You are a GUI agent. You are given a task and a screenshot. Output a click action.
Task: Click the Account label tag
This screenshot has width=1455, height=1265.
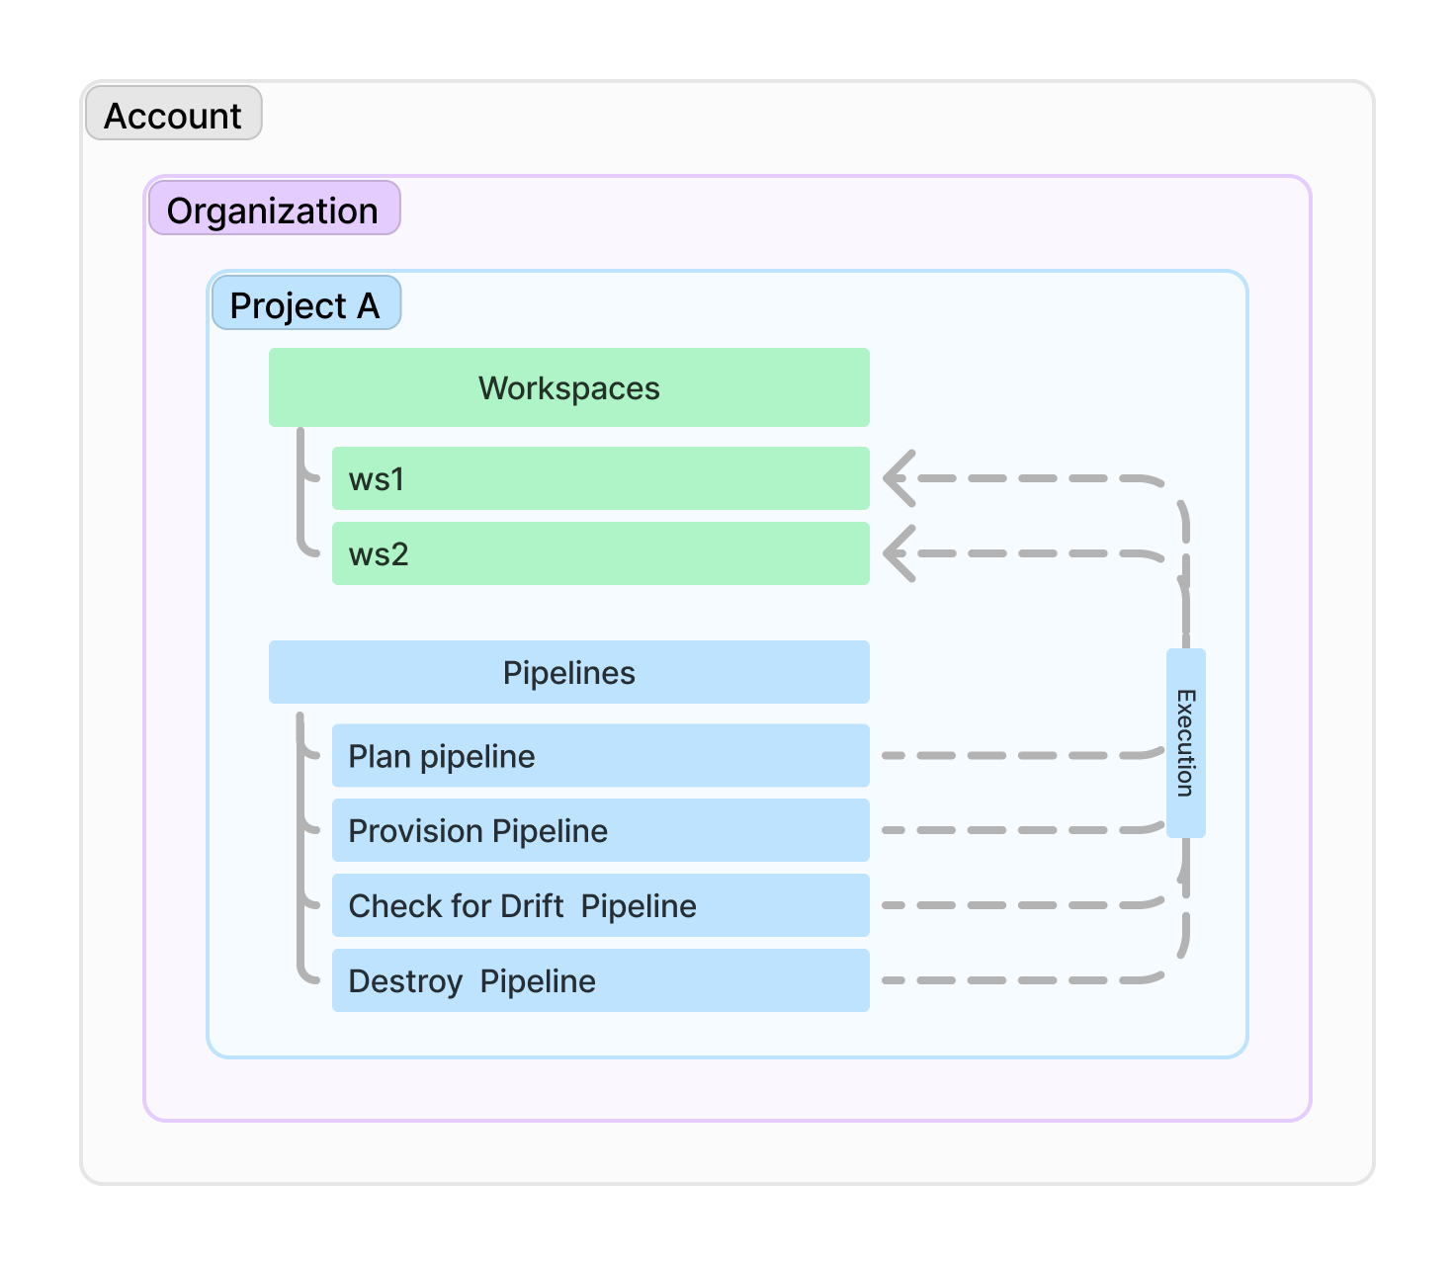tap(173, 115)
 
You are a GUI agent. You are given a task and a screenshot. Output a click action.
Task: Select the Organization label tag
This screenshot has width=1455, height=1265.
tap(274, 210)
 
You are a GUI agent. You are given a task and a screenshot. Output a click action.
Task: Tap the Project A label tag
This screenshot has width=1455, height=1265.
tap(305, 304)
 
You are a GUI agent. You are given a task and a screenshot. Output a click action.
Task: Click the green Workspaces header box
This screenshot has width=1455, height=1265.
tap(568, 387)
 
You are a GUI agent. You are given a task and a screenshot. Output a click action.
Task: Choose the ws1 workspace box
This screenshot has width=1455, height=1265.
tap(600, 478)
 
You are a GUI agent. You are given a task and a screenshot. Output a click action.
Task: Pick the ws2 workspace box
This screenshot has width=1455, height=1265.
tap(600, 553)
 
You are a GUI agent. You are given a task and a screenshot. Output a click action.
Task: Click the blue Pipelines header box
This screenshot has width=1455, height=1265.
tap(568, 672)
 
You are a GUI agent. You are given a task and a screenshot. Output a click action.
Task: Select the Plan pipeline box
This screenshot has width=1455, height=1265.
tap(600, 756)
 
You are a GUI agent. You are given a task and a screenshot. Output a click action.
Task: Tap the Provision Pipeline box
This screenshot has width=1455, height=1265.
tap(600, 830)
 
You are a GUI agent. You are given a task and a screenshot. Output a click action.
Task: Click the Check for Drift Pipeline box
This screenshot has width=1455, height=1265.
tap(600, 905)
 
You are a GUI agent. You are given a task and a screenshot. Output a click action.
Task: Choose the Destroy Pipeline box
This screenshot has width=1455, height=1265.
tap(600, 980)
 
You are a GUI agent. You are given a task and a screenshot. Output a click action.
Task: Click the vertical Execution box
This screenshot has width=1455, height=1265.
tap(1185, 743)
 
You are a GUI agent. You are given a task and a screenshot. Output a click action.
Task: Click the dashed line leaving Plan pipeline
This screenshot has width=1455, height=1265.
tap(1018, 756)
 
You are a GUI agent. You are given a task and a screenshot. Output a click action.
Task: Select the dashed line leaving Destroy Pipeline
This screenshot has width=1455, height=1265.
tap(1018, 980)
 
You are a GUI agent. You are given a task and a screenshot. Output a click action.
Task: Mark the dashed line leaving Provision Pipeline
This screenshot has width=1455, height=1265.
tap(1018, 830)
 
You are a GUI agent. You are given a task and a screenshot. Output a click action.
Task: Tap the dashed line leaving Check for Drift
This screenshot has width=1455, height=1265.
tap(1018, 905)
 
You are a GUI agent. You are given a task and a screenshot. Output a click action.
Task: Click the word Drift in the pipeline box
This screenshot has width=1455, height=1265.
tap(532, 905)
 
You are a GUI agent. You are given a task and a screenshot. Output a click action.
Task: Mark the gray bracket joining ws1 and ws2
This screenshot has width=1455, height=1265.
tap(300, 494)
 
